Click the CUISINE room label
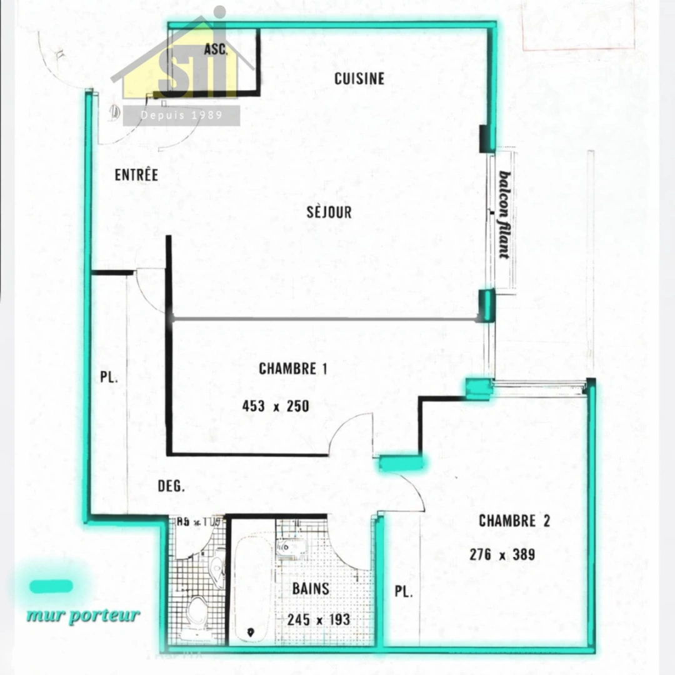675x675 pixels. tap(359, 79)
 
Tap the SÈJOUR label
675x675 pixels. tap(329, 212)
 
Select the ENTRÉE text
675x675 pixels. tap(136, 175)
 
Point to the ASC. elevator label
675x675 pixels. tap(216, 50)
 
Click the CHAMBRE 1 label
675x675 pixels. tap(293, 369)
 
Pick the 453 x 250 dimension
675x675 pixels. tap(276, 406)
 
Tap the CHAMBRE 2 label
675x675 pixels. tap(514, 521)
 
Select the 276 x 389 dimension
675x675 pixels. tap(502, 554)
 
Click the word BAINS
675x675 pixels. tap(311, 588)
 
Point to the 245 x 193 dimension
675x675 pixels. tap(319, 619)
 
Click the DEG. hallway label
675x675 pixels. tap(171, 486)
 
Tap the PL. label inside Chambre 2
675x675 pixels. tap(404, 591)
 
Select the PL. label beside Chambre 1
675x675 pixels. tap(109, 377)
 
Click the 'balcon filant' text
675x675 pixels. tap(504, 214)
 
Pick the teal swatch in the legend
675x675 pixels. tap(51, 586)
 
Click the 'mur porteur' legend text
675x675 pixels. tap(82, 615)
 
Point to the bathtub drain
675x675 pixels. tap(251, 632)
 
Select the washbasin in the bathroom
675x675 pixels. tap(291, 548)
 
